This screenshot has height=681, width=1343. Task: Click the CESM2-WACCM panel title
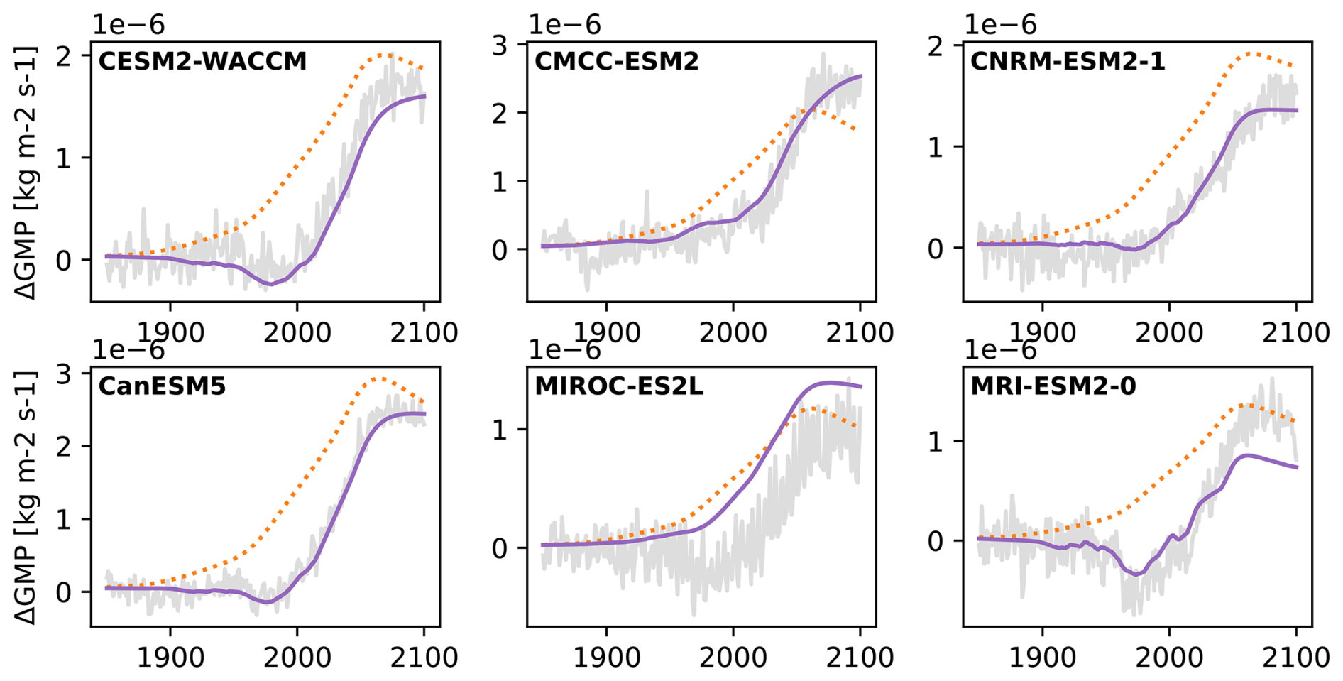(x=202, y=62)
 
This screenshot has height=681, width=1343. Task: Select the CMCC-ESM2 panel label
(x=616, y=62)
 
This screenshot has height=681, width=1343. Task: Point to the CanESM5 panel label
(x=162, y=386)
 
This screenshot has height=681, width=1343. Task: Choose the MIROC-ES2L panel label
(x=618, y=386)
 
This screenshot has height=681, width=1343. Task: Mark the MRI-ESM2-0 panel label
(x=1053, y=386)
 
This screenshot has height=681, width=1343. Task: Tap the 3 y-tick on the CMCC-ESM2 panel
(x=500, y=45)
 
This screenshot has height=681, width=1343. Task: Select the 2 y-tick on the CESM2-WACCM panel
(x=65, y=55)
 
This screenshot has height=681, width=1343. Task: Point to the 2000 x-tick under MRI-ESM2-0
(x=1169, y=657)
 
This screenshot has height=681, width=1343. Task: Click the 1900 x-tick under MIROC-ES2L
(x=605, y=657)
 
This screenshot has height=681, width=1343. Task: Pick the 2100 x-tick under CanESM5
(x=424, y=657)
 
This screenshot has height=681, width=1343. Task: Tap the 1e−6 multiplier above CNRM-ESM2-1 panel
(x=1000, y=25)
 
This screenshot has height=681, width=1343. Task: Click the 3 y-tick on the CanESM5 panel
(x=65, y=374)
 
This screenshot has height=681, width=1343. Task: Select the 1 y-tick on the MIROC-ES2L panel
(x=500, y=430)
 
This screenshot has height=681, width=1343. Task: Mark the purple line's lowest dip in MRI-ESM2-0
(x=1136, y=574)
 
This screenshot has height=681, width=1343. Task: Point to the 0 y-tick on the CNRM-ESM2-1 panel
(x=936, y=249)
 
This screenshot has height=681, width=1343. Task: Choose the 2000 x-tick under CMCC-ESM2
(x=733, y=332)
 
